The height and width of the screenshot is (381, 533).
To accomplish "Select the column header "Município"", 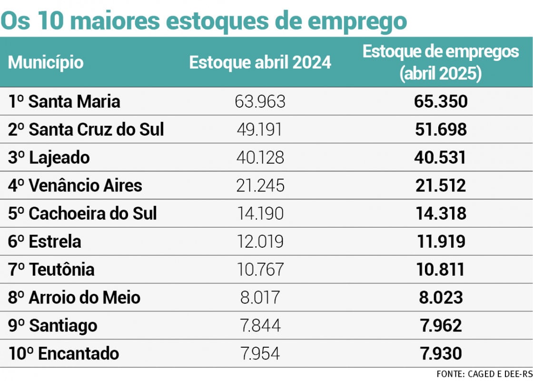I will click(46, 62).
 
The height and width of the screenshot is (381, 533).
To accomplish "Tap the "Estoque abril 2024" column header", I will click(260, 62).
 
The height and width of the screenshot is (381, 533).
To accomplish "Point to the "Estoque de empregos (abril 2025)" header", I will click(441, 62).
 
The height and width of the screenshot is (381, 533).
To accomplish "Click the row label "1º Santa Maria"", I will click(64, 101).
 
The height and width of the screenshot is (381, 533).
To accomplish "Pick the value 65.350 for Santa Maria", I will click(441, 101).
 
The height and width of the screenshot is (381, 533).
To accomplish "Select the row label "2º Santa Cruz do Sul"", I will click(86, 130).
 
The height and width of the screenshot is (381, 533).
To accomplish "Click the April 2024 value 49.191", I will click(260, 130).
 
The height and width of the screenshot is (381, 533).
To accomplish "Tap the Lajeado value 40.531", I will click(441, 158).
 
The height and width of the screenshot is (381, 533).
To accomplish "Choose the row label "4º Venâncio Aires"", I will click(75, 185).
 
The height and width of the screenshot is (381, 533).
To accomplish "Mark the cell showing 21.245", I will click(260, 185).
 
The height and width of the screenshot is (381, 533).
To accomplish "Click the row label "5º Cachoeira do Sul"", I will click(82, 213).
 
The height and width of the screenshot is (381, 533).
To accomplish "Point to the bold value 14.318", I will click(441, 213).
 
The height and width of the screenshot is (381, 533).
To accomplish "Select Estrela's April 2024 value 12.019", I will click(260, 241).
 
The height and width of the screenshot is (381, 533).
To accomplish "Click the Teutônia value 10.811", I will click(441, 270).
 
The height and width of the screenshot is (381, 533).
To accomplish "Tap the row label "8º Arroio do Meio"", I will click(74, 298).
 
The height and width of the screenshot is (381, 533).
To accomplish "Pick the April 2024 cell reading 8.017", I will click(260, 298).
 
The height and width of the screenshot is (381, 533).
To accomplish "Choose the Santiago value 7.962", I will click(441, 326).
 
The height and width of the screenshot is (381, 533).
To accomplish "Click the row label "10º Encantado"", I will click(64, 354).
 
